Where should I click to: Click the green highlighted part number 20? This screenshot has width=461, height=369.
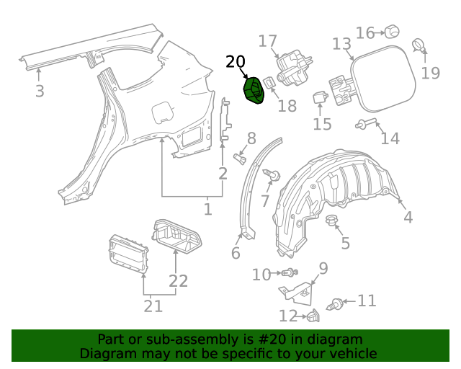click(x=254, y=92)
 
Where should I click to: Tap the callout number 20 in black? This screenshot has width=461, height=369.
click(x=235, y=63)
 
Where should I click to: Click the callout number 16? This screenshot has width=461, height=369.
click(x=365, y=33)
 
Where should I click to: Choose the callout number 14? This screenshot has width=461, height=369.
click(x=390, y=138)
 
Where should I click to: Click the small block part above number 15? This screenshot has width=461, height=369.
click(x=321, y=97)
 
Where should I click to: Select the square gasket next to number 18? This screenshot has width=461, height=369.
click(x=267, y=84)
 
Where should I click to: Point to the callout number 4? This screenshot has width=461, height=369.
click(x=408, y=217)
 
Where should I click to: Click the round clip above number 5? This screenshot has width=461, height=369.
click(x=331, y=219)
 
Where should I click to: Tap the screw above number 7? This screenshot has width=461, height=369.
click(x=274, y=174)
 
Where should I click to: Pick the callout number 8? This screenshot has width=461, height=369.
click(x=251, y=138)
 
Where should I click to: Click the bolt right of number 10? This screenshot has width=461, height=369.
click(x=290, y=273)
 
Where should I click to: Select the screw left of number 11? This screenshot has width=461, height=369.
click(x=336, y=304)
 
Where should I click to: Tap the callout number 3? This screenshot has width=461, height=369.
click(x=40, y=92)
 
